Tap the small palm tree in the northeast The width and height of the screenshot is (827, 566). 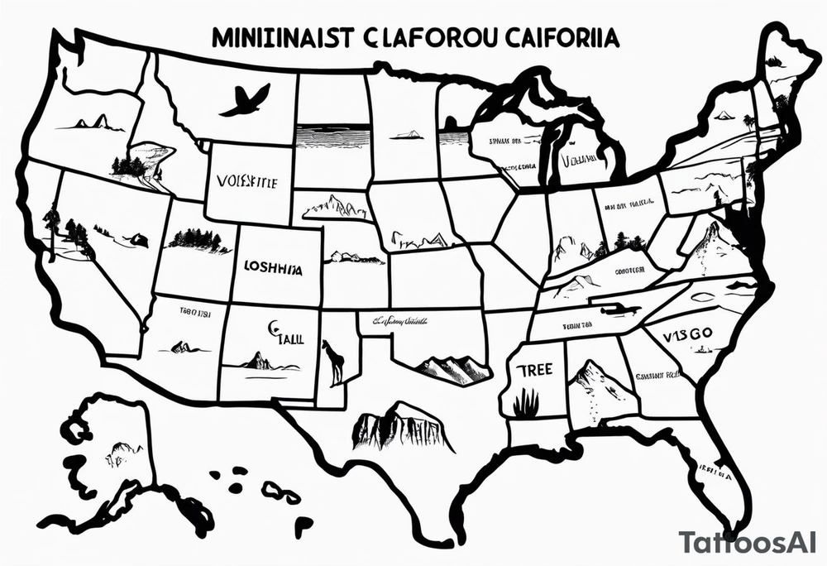point(748,122)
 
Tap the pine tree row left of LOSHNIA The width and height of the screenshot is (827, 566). point(198,240)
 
